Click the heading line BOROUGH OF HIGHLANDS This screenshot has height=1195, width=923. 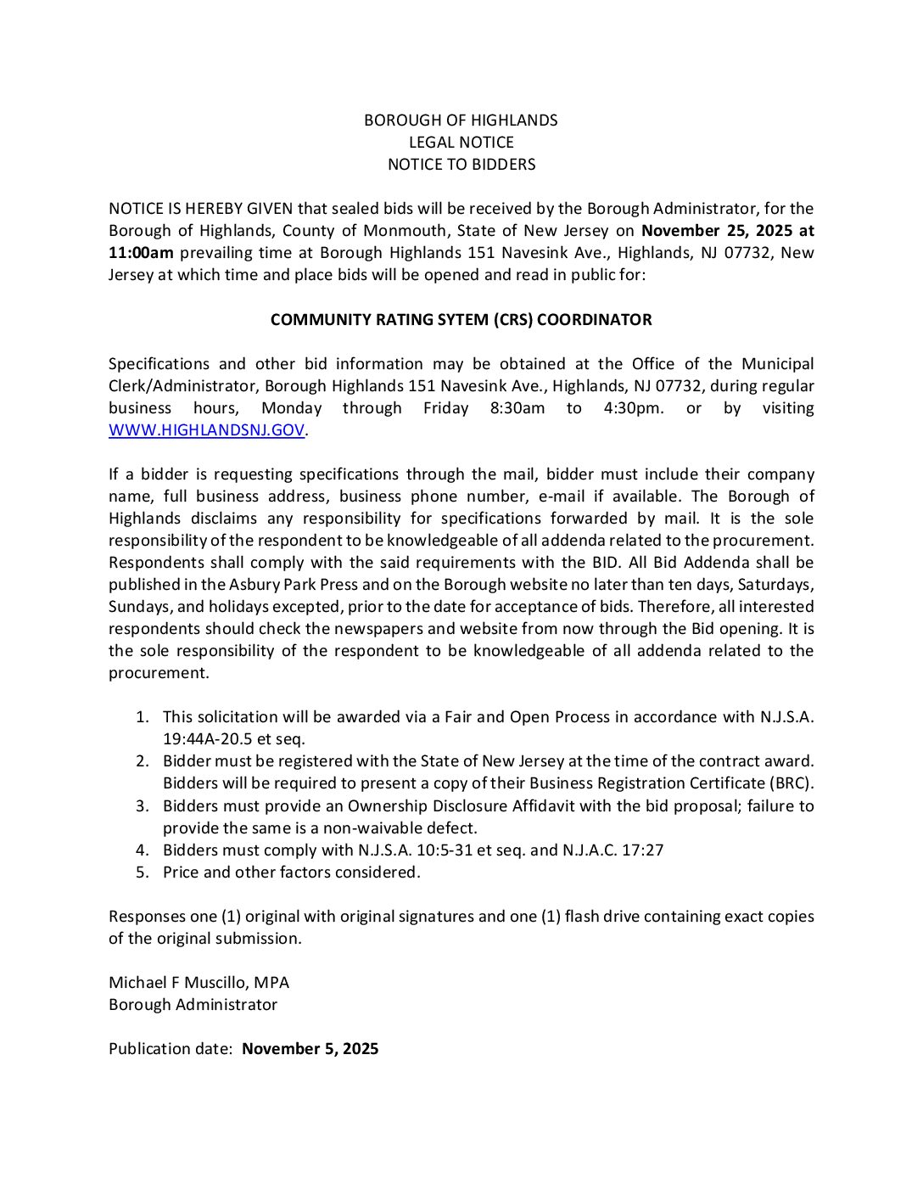coord(461,121)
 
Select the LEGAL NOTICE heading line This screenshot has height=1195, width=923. coord(461,143)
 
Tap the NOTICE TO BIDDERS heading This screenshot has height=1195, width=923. coord(461,165)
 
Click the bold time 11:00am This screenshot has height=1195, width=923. coord(141,253)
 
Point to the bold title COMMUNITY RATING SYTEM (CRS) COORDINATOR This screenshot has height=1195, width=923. coord(461,320)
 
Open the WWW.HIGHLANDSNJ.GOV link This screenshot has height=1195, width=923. coord(206,430)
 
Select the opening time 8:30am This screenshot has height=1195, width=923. coord(517,408)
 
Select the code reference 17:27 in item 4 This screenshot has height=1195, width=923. coord(644,850)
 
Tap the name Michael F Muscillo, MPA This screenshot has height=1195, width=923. coord(199,983)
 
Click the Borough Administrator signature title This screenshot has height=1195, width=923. coord(193,1005)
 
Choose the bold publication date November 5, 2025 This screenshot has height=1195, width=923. coord(310,1049)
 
